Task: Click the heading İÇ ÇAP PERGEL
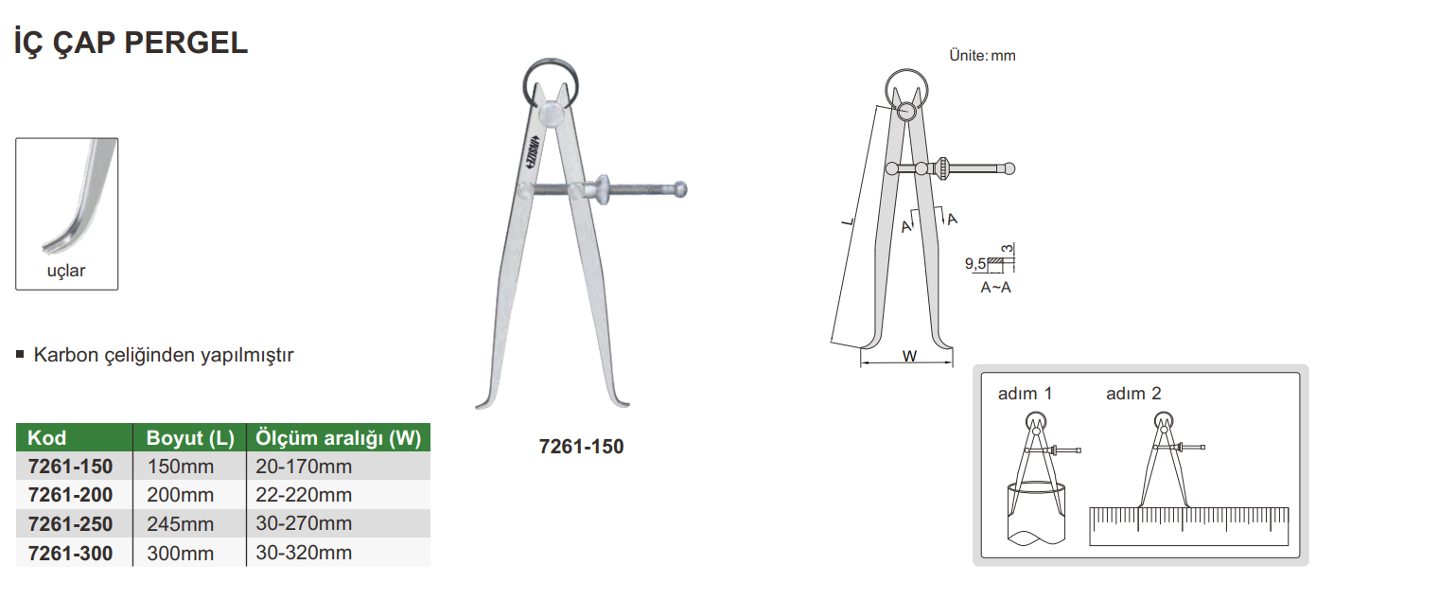click(x=132, y=43)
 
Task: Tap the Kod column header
click(x=47, y=438)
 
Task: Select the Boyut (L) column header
click(x=190, y=438)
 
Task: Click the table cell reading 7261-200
click(x=70, y=495)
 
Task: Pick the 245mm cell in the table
click(x=180, y=524)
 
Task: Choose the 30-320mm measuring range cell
click(x=304, y=553)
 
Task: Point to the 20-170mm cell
click(x=304, y=467)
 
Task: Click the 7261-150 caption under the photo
click(x=582, y=447)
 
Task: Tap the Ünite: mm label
click(x=982, y=56)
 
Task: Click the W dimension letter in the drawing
click(x=909, y=356)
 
